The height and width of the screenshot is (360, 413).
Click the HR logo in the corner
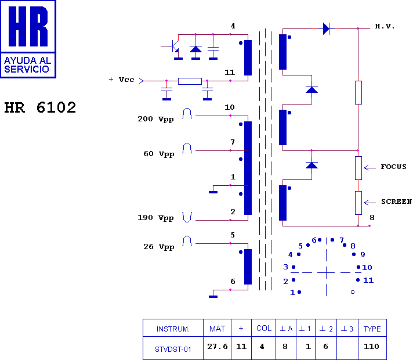tap(28, 39)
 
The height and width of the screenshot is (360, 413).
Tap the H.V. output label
tap(385, 27)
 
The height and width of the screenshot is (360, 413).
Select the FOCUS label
tap(393, 167)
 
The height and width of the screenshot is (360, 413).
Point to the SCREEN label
tap(396, 202)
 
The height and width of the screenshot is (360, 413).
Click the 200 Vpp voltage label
tap(155, 119)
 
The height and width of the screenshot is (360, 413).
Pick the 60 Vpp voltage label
tap(158, 154)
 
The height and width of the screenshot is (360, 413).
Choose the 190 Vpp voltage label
tap(155, 218)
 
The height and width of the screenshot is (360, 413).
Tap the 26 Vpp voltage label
tap(158, 247)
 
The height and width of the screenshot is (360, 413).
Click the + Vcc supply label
tap(122, 80)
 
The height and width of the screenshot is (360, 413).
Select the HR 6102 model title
tap(40, 108)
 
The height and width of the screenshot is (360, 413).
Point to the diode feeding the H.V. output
tap(326, 28)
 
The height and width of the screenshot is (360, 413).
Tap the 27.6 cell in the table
tap(217, 347)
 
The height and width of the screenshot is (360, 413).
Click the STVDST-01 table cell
tap(173, 349)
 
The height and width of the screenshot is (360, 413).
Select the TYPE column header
tap(372, 329)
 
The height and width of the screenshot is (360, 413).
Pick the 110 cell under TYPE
tap(372, 347)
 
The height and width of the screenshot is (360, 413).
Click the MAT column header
tap(217, 329)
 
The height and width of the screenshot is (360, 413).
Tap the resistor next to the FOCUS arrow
tap(358, 167)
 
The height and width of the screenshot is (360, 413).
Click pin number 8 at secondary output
tap(372, 218)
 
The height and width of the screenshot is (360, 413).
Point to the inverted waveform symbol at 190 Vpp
tap(187, 217)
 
